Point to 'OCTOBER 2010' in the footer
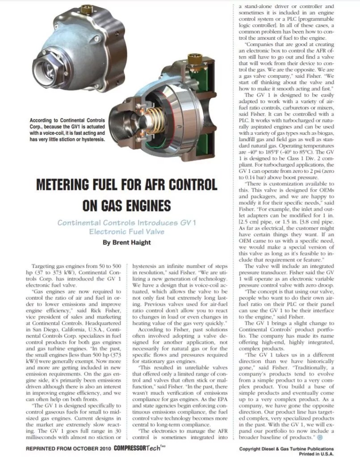(85, 449)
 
